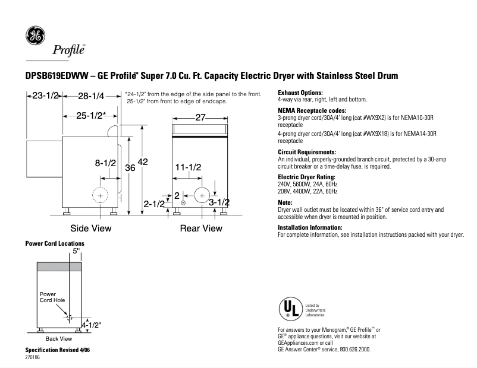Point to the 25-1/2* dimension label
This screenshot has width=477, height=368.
click(x=91, y=115)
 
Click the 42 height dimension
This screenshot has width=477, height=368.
click(x=143, y=162)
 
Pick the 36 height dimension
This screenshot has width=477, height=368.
click(x=130, y=169)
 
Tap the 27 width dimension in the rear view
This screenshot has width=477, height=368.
click(x=200, y=118)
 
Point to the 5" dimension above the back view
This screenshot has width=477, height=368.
click(x=76, y=252)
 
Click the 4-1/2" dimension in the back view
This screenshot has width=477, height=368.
click(x=92, y=325)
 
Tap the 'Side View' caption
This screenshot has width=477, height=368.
click(x=90, y=229)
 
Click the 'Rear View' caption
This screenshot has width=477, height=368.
click(x=201, y=229)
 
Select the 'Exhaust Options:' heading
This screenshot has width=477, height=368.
click(x=300, y=93)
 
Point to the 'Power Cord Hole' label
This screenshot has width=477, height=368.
click(x=52, y=297)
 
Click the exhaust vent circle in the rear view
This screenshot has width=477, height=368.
click(x=202, y=194)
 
